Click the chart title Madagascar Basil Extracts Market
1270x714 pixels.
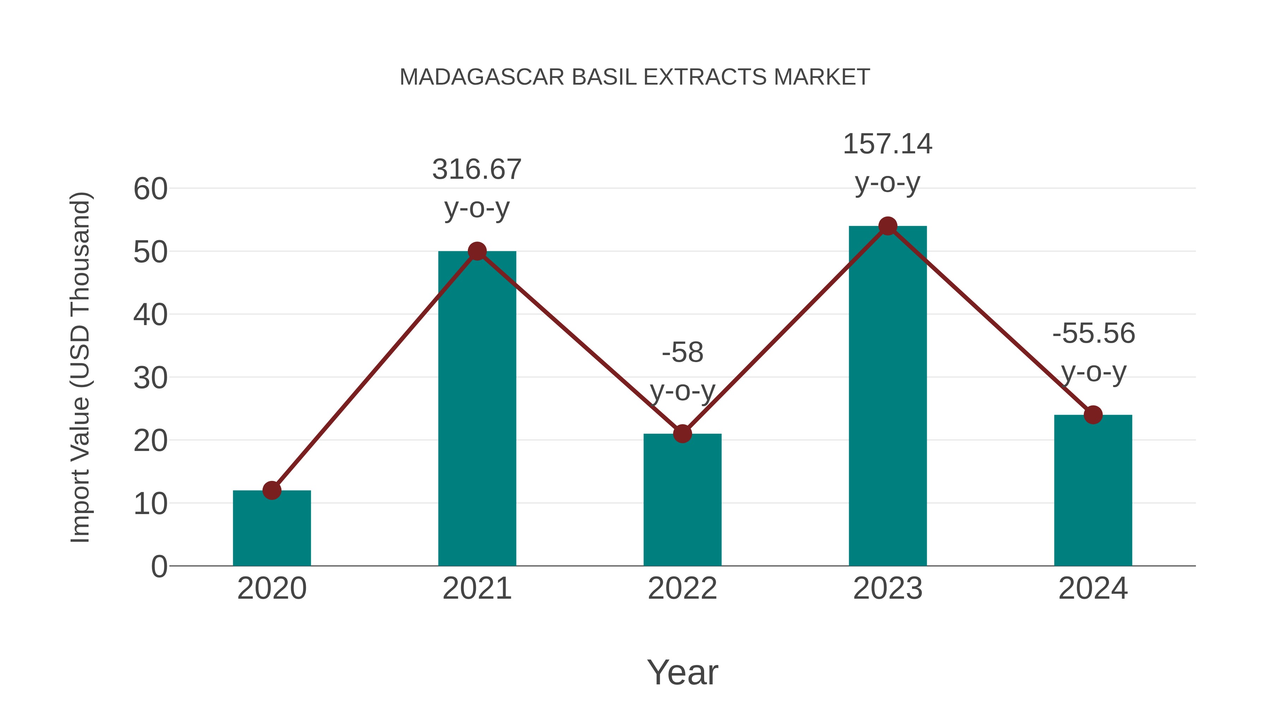pyautogui.click(x=635, y=77)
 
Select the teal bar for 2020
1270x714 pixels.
pyautogui.click(x=272, y=530)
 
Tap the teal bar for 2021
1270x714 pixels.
pyautogui.click(x=477, y=409)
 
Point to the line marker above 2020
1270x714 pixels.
pyautogui.click(x=272, y=490)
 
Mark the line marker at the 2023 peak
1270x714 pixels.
pyautogui.click(x=888, y=226)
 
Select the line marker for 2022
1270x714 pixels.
pyautogui.click(x=682, y=434)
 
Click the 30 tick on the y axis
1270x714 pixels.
pyautogui.click(x=150, y=378)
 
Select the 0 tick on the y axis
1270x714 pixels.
pyautogui.click(x=159, y=567)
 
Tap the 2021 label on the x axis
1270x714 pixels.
pyautogui.click(x=477, y=588)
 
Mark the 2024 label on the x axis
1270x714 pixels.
pyautogui.click(x=1093, y=588)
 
